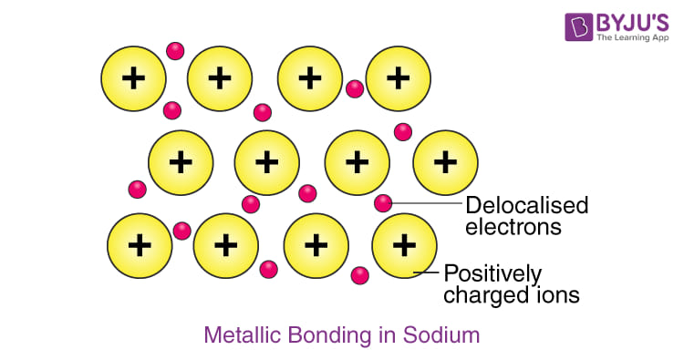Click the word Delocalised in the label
point(527,205)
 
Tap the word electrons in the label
point(513,227)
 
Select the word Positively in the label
point(492,275)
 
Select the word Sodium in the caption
point(441,335)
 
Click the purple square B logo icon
point(579,27)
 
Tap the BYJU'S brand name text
point(633,22)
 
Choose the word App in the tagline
point(660,38)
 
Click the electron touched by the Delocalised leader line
point(383,203)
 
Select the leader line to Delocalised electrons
point(427,203)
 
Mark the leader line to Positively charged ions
point(426,273)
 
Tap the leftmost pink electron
point(138,190)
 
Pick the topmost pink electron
point(175,51)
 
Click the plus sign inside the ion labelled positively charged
point(404,245)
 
